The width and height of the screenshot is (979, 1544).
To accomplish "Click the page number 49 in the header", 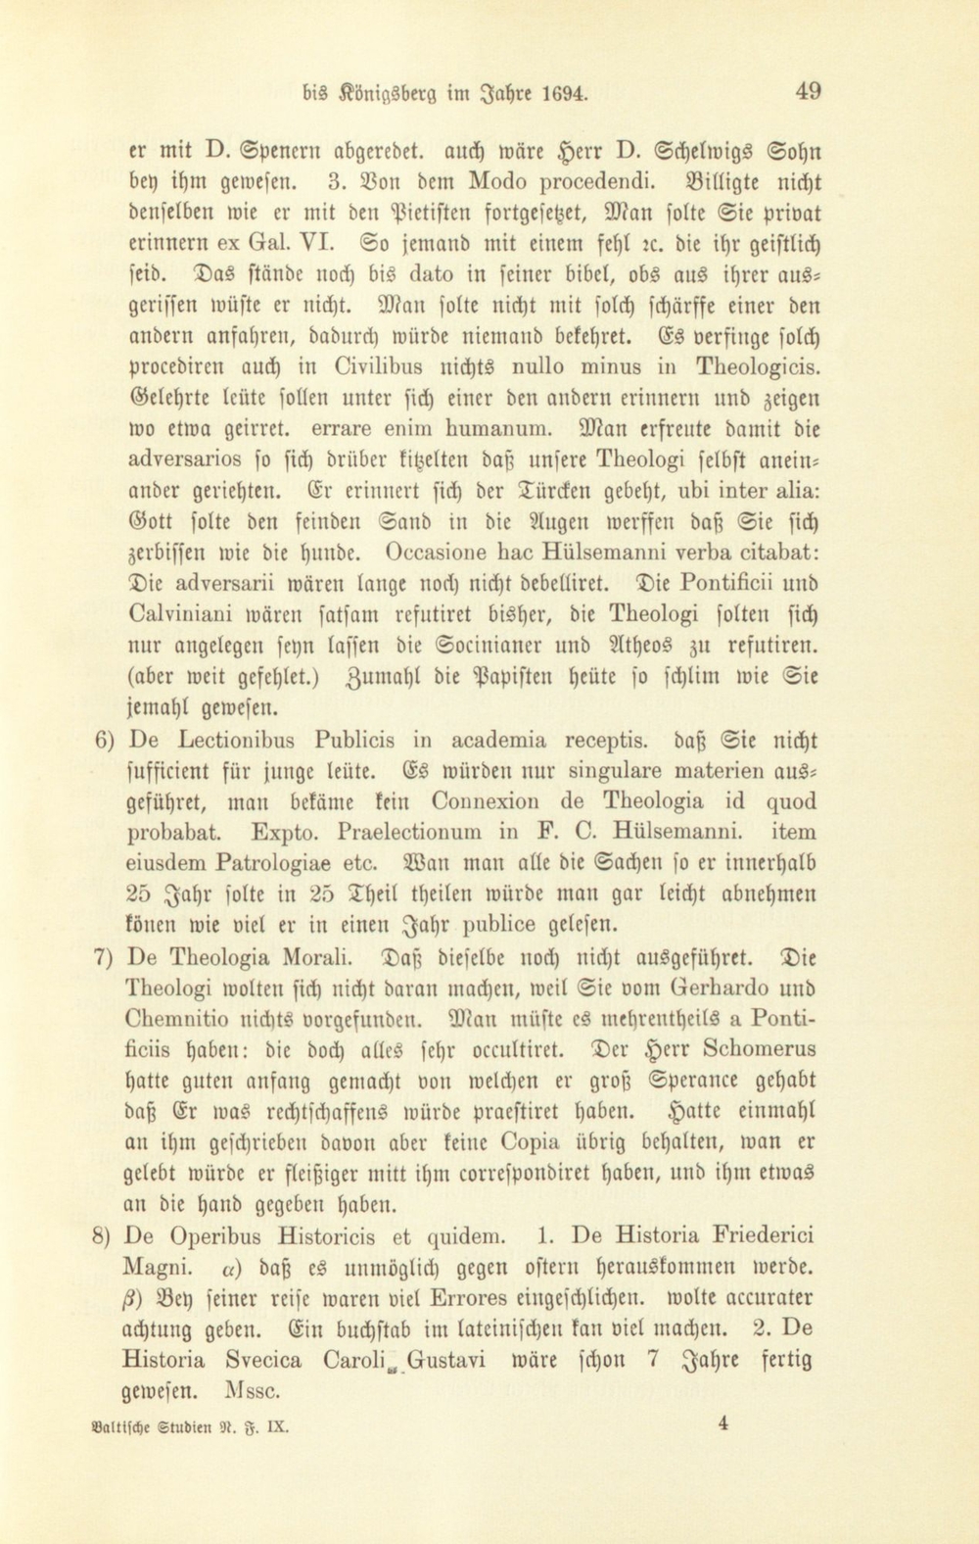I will [809, 92].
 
